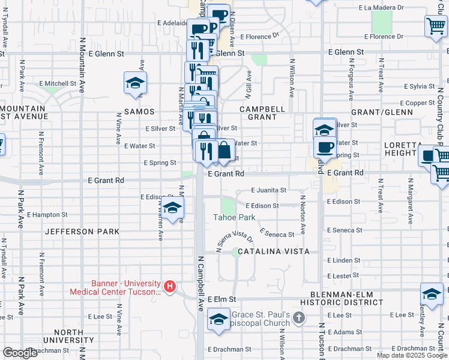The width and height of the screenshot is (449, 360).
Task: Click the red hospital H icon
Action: click(x=170, y=287)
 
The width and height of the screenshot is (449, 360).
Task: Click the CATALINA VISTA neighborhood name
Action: click(x=273, y=252)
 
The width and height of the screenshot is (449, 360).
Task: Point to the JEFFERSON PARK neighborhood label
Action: click(x=82, y=232)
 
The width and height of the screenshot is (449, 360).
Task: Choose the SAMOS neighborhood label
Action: click(x=139, y=112)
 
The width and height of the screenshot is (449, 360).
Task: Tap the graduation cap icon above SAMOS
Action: click(x=136, y=83)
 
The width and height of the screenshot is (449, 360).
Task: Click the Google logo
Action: click(x=20, y=353)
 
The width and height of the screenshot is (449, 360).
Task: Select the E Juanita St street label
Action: click(x=269, y=190)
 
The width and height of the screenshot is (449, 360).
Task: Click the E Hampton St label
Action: click(x=47, y=214)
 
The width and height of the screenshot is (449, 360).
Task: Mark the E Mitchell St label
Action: click(x=58, y=83)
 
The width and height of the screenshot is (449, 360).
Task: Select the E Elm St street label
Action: click(x=223, y=299)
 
